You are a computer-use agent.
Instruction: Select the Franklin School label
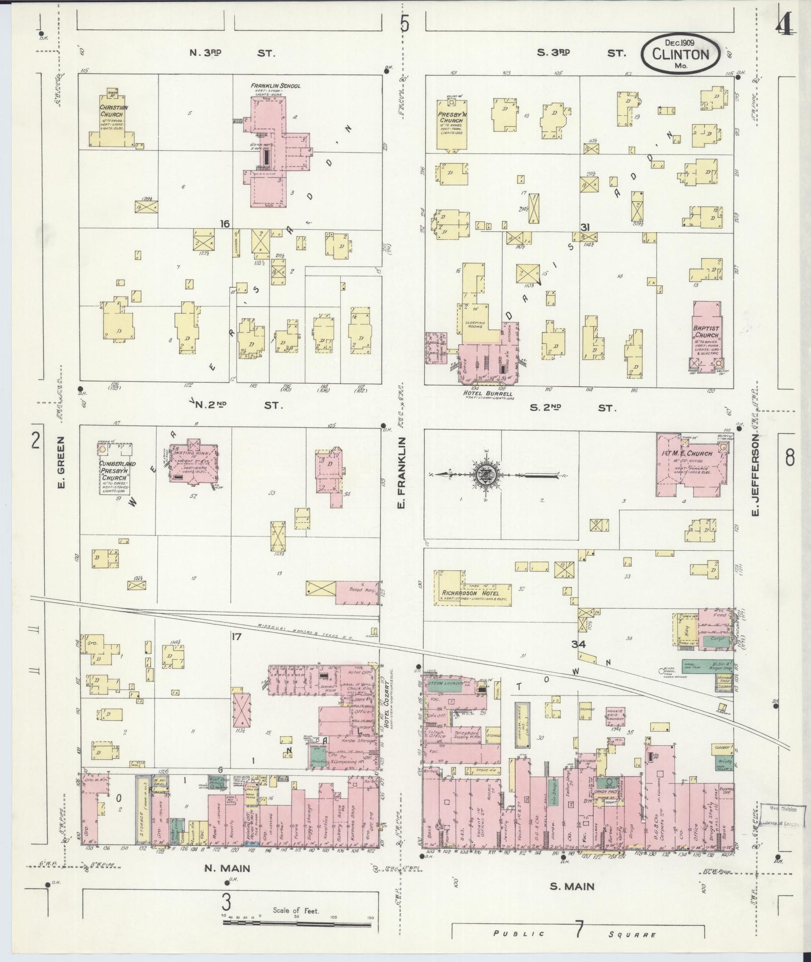pyautogui.click(x=276, y=86)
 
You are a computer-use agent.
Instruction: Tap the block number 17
pyautogui.click(x=236, y=637)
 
